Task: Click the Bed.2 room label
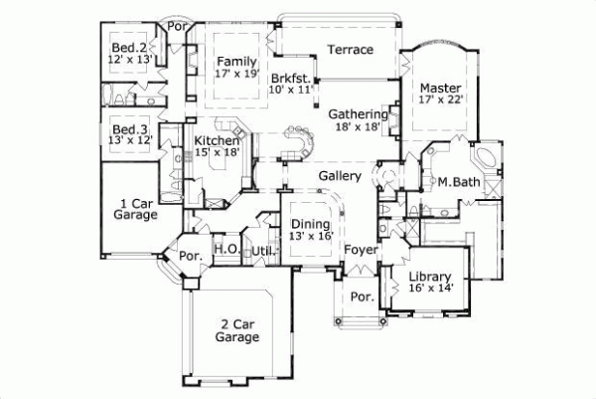point(129,47)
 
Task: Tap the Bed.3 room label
point(129,130)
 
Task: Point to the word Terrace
point(350,49)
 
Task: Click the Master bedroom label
point(436,87)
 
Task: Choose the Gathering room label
point(359,114)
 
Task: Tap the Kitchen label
point(217,141)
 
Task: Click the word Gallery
point(339,176)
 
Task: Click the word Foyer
point(361,250)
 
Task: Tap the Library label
point(430,276)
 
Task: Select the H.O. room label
point(224,250)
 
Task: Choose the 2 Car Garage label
point(237,329)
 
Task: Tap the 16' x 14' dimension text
point(430,289)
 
